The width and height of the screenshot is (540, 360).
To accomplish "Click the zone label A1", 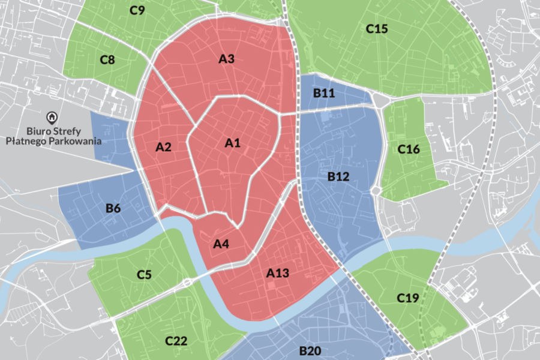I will [232, 143].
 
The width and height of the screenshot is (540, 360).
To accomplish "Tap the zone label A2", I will [163, 147].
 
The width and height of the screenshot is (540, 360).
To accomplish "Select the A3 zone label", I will [226, 59].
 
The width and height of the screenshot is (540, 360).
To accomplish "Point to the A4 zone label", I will [221, 244].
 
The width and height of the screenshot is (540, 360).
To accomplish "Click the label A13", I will [278, 274].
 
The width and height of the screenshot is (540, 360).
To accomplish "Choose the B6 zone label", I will [113, 208].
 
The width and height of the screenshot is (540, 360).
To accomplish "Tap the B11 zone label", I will [324, 93].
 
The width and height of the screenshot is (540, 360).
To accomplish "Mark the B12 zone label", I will [338, 176].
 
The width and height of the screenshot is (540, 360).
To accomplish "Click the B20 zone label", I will [310, 350].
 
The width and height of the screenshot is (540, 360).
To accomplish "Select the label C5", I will [144, 275].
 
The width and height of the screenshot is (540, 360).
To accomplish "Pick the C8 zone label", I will [107, 59].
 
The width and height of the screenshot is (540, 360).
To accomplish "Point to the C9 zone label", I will [137, 10].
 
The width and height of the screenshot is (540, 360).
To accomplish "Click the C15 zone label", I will [377, 28].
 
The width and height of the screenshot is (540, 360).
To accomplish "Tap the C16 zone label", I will [409, 149].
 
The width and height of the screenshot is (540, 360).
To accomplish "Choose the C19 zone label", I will [407, 298].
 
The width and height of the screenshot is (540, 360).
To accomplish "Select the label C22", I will [176, 341].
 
